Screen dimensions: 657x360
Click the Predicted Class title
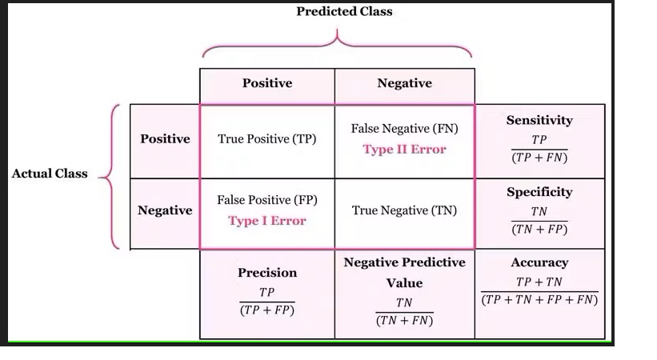click(x=344, y=11)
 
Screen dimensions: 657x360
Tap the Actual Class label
click(x=50, y=174)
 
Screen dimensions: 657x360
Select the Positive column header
click(x=267, y=83)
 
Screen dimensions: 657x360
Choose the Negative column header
click(x=404, y=83)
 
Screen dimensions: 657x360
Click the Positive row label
click(x=165, y=138)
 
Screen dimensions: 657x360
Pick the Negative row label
click(x=165, y=210)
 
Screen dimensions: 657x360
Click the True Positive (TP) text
click(x=267, y=138)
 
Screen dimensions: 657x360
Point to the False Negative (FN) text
click(x=404, y=128)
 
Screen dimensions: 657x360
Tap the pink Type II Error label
click(x=404, y=149)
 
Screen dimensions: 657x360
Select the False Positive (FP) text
click(x=267, y=200)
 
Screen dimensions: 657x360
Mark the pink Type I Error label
click(x=267, y=221)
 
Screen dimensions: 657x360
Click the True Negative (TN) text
click(x=404, y=210)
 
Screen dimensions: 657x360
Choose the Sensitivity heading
click(x=539, y=120)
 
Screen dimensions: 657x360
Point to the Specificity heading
click(x=539, y=192)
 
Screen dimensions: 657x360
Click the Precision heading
click(x=267, y=273)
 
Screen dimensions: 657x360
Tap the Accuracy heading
click(x=539, y=262)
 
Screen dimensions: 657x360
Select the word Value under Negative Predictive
click(x=404, y=283)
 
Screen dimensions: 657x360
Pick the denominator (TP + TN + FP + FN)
click(x=539, y=300)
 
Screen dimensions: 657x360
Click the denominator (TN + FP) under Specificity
click(x=539, y=230)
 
